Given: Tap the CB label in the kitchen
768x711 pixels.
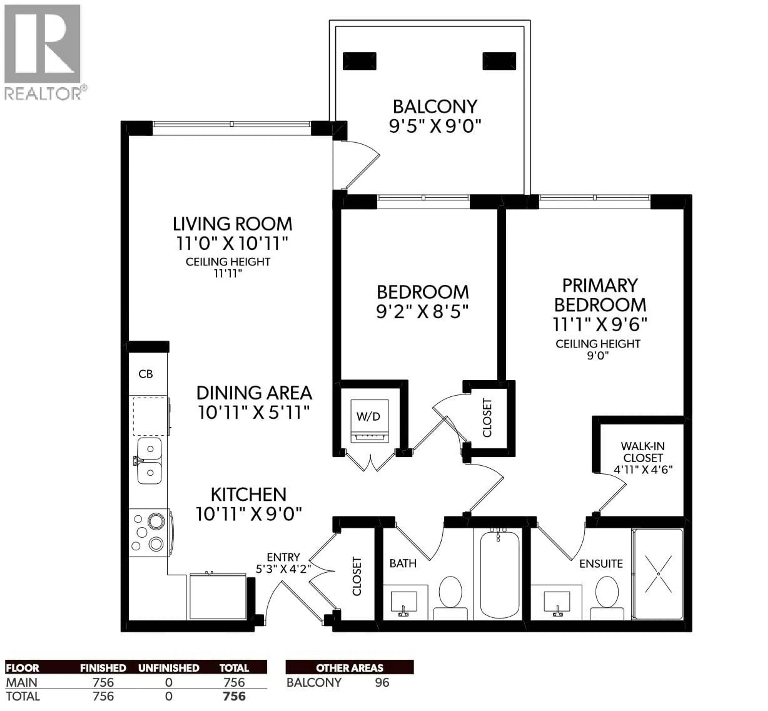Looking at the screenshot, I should click(146, 374).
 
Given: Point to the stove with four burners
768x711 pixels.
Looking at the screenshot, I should click(149, 532).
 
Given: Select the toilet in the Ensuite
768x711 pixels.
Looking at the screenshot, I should click(607, 596).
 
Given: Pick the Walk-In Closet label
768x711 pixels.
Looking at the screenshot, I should click(643, 458).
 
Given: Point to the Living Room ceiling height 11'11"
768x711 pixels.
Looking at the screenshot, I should click(228, 274).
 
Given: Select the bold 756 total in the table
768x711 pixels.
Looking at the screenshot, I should click(234, 696).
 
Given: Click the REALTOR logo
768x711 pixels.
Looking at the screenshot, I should click(43, 52).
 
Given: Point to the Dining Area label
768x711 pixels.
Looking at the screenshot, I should click(254, 393).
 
